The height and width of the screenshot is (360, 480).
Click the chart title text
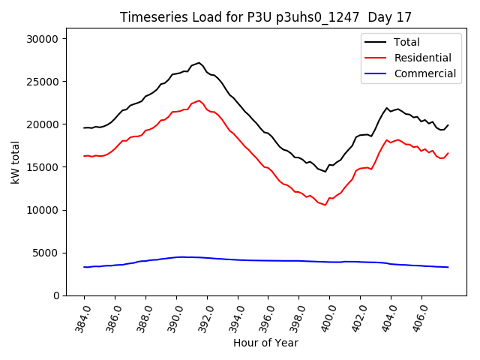pos(266,17)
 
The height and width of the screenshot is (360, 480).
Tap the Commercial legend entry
pos(424,73)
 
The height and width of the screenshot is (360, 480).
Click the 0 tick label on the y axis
pos(56,295)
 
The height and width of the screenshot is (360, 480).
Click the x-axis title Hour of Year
pos(265,343)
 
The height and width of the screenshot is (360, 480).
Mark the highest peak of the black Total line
pos(199,63)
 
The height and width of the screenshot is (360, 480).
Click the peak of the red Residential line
pos(199,100)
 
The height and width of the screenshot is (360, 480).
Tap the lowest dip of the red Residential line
pos(325,205)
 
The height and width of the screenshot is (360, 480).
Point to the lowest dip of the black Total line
pos(325,171)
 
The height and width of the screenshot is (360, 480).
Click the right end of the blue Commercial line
pos(448,267)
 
